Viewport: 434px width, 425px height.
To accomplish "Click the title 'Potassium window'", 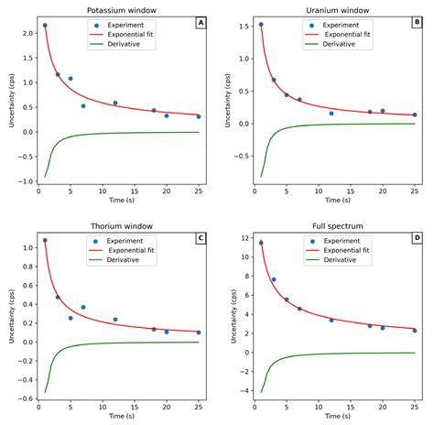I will [x=121, y=9].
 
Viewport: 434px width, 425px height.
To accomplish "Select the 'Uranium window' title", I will [x=336, y=9].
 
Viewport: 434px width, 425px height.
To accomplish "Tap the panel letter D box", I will [x=416, y=236].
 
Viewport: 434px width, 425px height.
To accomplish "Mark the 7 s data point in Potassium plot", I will [x=83, y=106].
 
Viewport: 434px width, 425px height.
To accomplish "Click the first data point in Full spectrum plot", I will [x=261, y=243].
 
